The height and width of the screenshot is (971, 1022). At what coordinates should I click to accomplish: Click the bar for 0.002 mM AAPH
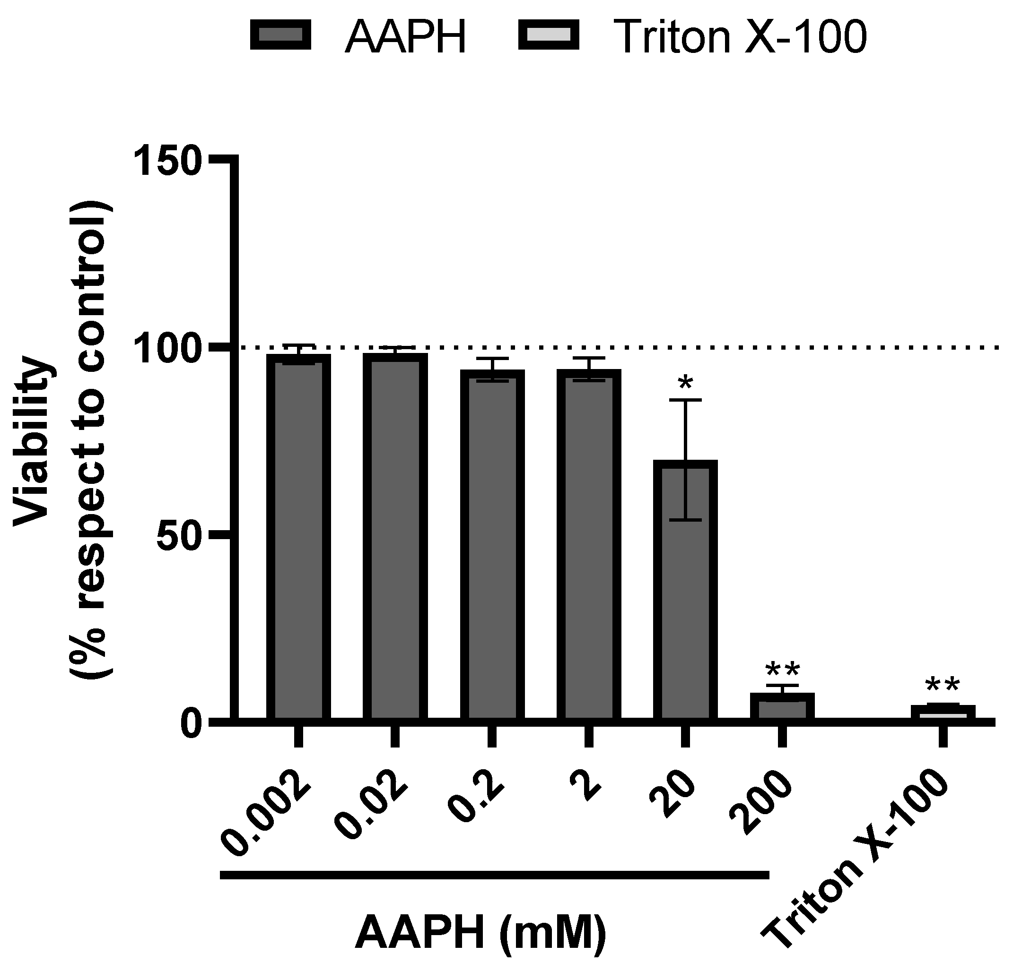pos(298,538)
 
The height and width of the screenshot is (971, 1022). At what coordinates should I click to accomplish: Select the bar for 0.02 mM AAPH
pos(395,538)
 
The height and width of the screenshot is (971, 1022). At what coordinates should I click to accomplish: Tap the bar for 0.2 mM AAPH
pos(492,546)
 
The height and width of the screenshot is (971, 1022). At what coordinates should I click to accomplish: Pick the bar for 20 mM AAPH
pos(685,590)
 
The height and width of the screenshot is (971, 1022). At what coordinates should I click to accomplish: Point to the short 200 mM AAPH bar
pos(782,707)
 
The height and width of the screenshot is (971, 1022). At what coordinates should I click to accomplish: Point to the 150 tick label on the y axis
pos(167,162)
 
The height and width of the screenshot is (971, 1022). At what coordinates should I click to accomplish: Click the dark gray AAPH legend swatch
pos(280,35)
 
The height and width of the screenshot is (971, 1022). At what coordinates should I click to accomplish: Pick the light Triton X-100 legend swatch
pos(549,35)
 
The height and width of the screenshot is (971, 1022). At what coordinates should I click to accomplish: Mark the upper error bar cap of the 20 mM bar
pos(685,400)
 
